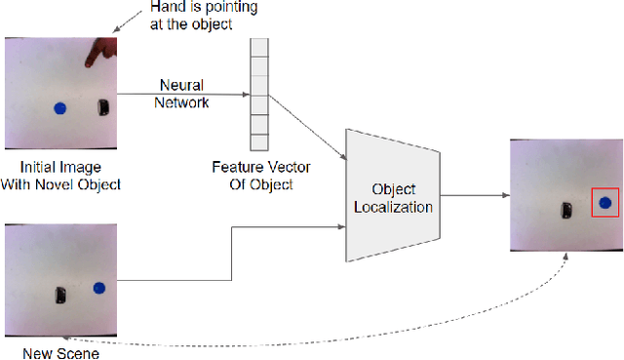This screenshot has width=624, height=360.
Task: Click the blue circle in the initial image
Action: (x=59, y=107)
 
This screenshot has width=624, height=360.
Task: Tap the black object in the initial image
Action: (x=102, y=107)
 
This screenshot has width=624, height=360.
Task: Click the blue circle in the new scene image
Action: (x=98, y=288)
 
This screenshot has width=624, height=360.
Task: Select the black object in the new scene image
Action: (x=60, y=294)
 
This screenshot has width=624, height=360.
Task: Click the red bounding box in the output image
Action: (x=605, y=204)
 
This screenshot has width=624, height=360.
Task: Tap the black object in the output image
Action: (x=565, y=209)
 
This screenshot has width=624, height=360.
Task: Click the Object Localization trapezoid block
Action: (x=395, y=196)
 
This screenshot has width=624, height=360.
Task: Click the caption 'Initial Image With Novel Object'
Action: (x=59, y=176)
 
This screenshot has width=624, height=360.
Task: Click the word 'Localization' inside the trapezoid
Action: (x=395, y=206)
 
